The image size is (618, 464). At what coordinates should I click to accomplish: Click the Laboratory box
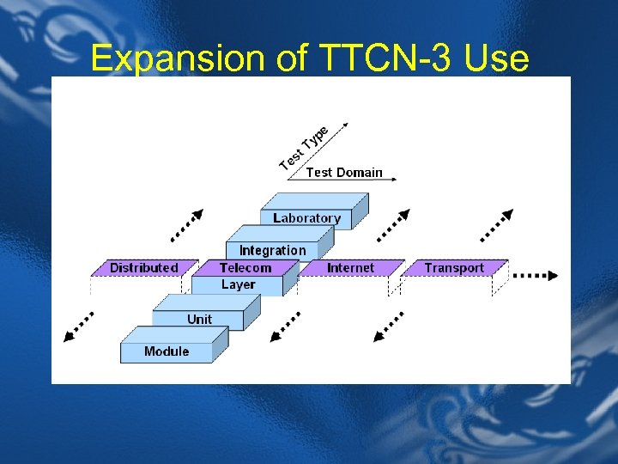[x=306, y=218]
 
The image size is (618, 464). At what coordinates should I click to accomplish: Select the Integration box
[x=272, y=250]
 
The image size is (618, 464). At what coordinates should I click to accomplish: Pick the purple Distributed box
[x=143, y=268]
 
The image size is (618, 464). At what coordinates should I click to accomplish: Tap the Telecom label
[x=245, y=268]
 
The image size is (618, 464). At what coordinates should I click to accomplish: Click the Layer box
[x=238, y=285]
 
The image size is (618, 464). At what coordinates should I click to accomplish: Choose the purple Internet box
[x=350, y=268]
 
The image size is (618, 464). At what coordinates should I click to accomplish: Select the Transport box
[x=454, y=268]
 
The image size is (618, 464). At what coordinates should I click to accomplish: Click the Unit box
[x=199, y=320]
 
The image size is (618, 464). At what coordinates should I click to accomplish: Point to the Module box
[x=167, y=351]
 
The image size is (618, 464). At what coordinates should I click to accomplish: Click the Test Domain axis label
[x=344, y=172]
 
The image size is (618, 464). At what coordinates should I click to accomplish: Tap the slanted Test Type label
[x=305, y=147]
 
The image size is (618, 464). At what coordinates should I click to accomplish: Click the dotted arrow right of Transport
[x=536, y=276]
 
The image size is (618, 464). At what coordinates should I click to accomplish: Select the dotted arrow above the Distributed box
[x=187, y=224]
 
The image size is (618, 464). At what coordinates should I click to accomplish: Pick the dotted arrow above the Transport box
[x=496, y=224]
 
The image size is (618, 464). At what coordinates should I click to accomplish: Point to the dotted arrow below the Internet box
[x=389, y=327]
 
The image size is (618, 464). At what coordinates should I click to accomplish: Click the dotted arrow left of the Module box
[x=79, y=327]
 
